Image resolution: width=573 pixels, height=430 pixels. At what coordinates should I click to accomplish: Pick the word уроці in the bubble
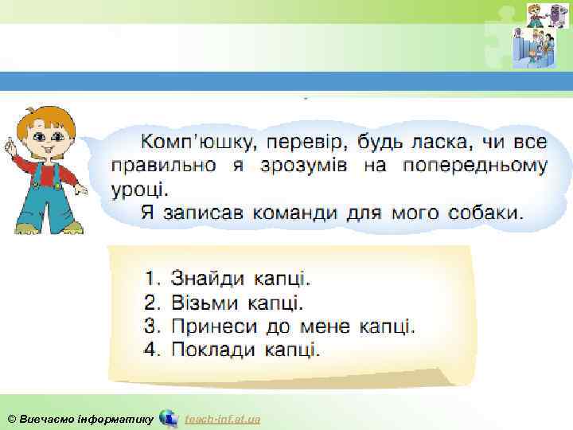139,190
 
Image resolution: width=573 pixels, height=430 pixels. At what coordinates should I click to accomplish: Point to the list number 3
152,326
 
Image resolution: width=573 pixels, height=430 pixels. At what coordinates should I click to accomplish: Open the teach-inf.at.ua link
222,419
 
